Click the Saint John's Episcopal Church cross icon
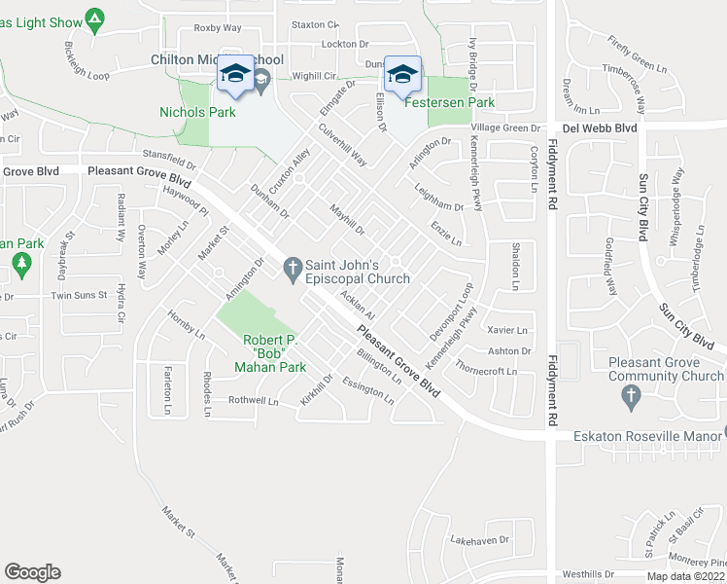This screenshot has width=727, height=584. pyautogui.click(x=291, y=268)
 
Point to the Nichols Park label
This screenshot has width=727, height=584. pyautogui.click(x=197, y=112)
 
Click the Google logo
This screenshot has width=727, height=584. pyautogui.click(x=32, y=571)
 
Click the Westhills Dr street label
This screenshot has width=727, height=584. pyautogui.click(x=589, y=574)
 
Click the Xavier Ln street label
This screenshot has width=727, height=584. pyautogui.click(x=507, y=330)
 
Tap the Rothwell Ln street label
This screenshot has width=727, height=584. pyautogui.click(x=253, y=400)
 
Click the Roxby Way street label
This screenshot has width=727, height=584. pyautogui.click(x=217, y=27)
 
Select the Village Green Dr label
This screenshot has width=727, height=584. pyautogui.click(x=505, y=128)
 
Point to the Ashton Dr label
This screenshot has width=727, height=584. pyautogui.click(x=510, y=350)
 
